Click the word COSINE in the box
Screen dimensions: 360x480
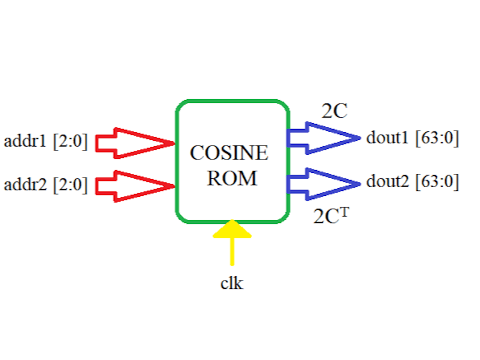pyautogui.click(x=229, y=154)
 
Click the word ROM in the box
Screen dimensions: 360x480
pyautogui.click(x=232, y=178)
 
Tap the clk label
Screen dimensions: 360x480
pyautogui.click(x=232, y=283)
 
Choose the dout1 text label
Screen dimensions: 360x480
pyautogui.click(x=388, y=138)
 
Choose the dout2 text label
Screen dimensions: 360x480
pyautogui.click(x=388, y=182)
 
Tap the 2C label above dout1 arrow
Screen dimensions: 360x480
pyautogui.click(x=334, y=111)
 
